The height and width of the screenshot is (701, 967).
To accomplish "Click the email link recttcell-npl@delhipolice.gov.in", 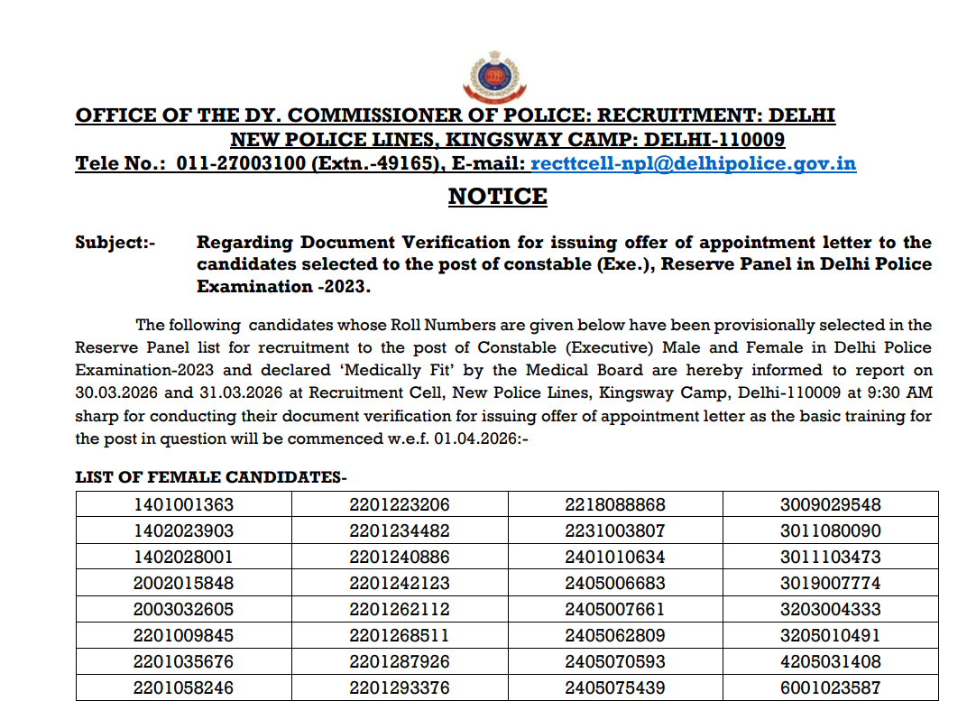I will pos(694,164).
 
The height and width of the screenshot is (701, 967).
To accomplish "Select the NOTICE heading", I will pos(497,197).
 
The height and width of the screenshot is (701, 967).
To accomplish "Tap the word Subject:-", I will pos(115,243).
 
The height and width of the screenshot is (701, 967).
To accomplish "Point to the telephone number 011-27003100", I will pos(238,164).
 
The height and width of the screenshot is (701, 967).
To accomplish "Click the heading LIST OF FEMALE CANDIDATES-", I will pos(211,477).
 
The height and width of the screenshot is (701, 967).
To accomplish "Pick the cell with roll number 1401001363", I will pos(183,504).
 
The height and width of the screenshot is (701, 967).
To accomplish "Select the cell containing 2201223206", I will pos(400,504).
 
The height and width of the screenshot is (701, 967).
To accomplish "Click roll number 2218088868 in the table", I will pos(615,504).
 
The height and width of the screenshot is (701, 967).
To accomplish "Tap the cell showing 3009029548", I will pos(831,504).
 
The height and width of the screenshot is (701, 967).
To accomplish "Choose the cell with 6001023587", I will pos(831,687).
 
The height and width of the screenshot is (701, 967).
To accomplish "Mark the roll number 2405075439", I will pos(615,687).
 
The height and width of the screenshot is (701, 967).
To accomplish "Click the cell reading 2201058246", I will pos(183,687).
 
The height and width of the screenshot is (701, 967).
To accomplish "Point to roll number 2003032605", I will pos(183,609).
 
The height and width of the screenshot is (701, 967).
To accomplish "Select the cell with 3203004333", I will pos(831,609).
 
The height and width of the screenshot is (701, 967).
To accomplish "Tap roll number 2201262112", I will pos(400,609).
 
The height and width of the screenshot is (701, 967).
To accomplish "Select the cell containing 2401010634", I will pos(615,557).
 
